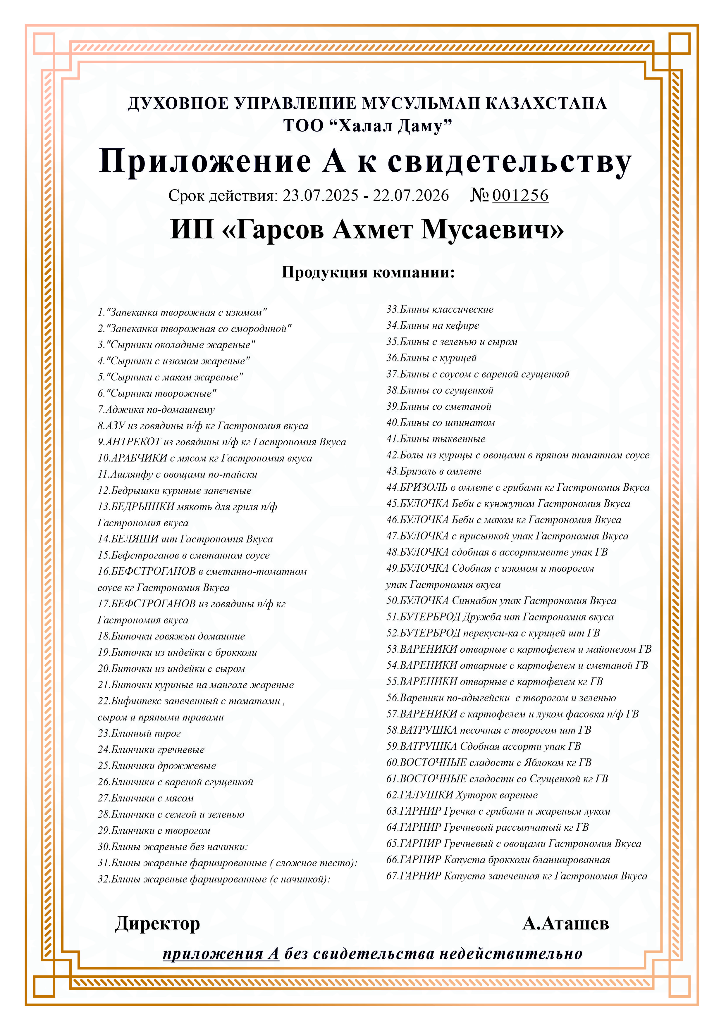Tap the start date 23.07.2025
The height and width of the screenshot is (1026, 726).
tap(321, 195)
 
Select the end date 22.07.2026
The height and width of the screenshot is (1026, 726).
tap(411, 195)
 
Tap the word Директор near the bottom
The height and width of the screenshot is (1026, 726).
tap(157, 924)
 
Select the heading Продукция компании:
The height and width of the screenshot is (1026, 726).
tap(368, 272)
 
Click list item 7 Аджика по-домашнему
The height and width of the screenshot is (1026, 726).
tap(156, 409)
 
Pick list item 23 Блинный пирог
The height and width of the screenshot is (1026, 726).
tap(139, 733)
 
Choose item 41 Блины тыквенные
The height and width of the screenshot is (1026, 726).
tap(436, 439)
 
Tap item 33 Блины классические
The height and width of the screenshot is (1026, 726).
tap(440, 309)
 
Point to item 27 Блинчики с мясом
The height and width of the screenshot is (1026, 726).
tap(146, 798)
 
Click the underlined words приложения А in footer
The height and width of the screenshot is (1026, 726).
tap(221, 953)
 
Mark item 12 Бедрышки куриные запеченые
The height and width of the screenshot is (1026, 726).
tap(174, 491)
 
